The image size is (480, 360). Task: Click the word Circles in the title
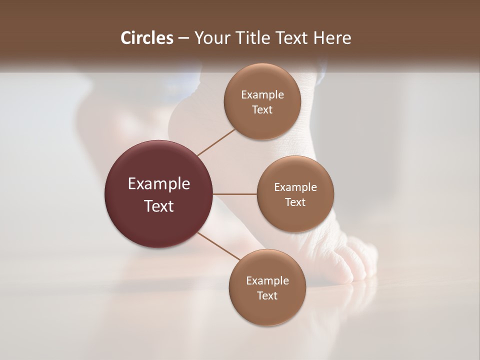pyautogui.click(x=146, y=38)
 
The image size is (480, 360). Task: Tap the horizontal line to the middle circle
pyautogui.click(x=235, y=194)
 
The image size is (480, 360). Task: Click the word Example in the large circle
pyautogui.click(x=159, y=184)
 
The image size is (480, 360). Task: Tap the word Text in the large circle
pyautogui.click(x=159, y=206)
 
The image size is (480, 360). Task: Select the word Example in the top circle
pyautogui.click(x=262, y=95)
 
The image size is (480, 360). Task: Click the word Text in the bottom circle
pyautogui.click(x=267, y=296)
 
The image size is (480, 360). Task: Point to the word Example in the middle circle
pyautogui.click(x=295, y=187)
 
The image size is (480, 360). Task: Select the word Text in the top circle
pyautogui.click(x=262, y=110)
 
